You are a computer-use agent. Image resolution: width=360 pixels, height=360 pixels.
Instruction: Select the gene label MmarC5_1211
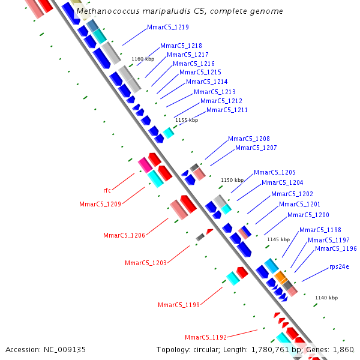point(227,110)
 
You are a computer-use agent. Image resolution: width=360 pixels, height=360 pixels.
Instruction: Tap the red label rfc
point(107,190)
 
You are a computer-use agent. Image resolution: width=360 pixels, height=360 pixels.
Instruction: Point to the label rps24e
point(339,266)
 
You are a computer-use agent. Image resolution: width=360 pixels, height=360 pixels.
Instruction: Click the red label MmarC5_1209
point(100,204)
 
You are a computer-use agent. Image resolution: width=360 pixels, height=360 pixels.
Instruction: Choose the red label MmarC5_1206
point(124,235)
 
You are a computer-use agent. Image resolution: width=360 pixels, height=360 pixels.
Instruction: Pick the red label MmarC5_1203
point(145,263)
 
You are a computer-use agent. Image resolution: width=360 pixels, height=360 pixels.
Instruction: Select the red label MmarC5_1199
point(179,305)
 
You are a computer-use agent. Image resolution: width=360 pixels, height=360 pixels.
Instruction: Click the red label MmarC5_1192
point(205,337)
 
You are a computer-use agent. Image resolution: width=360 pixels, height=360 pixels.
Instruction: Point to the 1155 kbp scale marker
point(186,120)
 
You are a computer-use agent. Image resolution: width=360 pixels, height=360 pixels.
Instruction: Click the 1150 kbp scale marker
point(232,179)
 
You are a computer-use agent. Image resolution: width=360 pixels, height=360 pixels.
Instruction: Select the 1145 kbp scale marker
point(278,239)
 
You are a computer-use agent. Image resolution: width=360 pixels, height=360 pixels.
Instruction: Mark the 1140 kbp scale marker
point(326,298)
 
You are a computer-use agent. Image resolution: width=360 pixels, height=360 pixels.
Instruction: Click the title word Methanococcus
point(106,11)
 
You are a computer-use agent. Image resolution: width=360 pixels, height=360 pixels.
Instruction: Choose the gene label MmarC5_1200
point(308,215)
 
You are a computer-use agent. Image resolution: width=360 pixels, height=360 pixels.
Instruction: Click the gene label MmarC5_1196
point(335,248)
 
